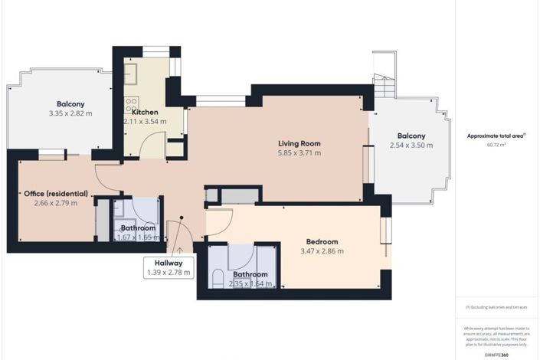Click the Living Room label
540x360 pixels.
[x=299, y=143]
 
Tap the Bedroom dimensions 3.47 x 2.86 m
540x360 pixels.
[x=322, y=251]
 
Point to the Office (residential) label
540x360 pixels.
[x=54, y=193]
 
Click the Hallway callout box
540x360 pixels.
[x=169, y=267]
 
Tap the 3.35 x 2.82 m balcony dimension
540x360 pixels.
[x=70, y=113]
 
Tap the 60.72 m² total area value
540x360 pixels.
[x=496, y=145]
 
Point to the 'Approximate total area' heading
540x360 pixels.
[x=496, y=136]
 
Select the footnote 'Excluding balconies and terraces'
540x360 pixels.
[x=496, y=308]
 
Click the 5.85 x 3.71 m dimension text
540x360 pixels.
[x=299, y=152]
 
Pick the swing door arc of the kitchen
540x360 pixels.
[x=155, y=143]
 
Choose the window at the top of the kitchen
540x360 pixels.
[x=156, y=51]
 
